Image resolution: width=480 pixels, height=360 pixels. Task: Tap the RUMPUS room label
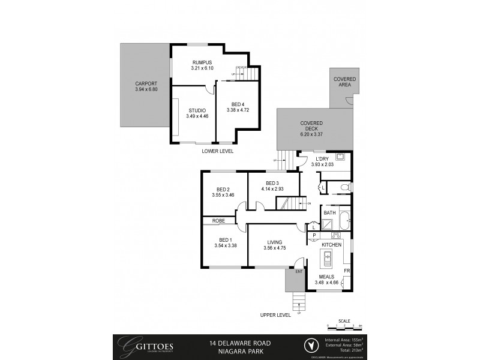202,62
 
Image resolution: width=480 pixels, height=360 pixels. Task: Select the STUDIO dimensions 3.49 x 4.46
197,116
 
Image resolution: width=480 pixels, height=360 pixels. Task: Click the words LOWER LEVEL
218,151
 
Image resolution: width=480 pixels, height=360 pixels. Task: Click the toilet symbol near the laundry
344,188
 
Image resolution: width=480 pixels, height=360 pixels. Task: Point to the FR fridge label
347,271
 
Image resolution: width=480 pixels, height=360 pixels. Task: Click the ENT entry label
298,272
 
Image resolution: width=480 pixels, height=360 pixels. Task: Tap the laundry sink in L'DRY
340,158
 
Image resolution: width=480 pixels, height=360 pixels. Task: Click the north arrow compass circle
310,345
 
